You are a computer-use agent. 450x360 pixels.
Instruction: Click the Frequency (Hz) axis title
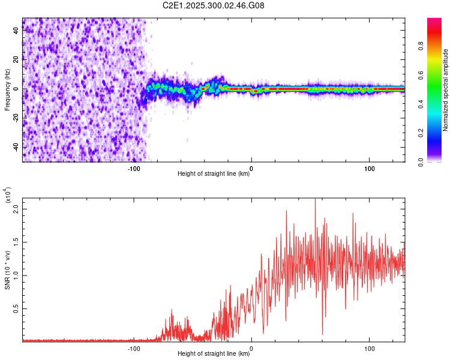coord(7,89)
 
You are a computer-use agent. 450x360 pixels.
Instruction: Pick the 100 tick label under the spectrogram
coord(370,168)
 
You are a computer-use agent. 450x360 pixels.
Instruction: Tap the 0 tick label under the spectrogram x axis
coord(251,168)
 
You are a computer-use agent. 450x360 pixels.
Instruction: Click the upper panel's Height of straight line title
coord(214,174)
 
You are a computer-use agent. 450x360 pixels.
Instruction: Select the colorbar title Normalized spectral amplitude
coord(446,90)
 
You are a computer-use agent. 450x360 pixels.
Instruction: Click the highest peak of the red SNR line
coord(315,200)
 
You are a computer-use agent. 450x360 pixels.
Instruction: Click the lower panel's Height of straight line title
coord(214,354)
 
